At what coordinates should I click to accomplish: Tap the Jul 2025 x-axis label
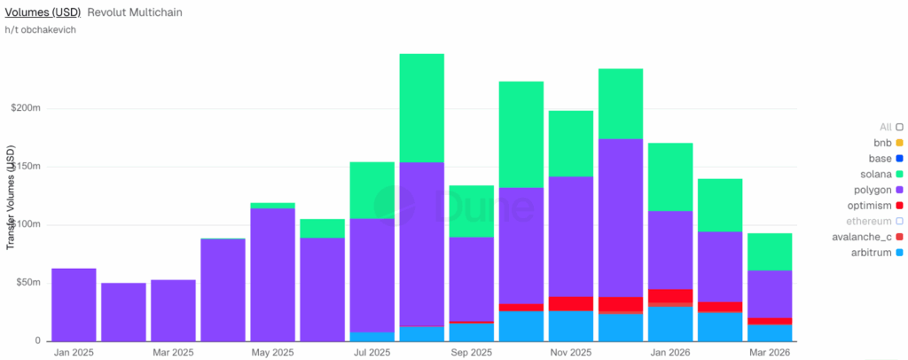pyautogui.click(x=372, y=353)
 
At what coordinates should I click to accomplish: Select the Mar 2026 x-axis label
pyautogui.click(x=769, y=353)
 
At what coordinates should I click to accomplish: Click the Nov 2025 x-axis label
pyautogui.click(x=570, y=353)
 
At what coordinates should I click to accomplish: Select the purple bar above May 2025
pyautogui.click(x=272, y=275)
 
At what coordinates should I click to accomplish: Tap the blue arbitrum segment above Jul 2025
pyautogui.click(x=372, y=337)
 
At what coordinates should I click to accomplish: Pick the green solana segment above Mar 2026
pyautogui.click(x=769, y=252)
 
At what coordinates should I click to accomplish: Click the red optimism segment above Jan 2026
pyautogui.click(x=669, y=295)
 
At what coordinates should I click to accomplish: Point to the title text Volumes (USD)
pyautogui.click(x=43, y=12)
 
